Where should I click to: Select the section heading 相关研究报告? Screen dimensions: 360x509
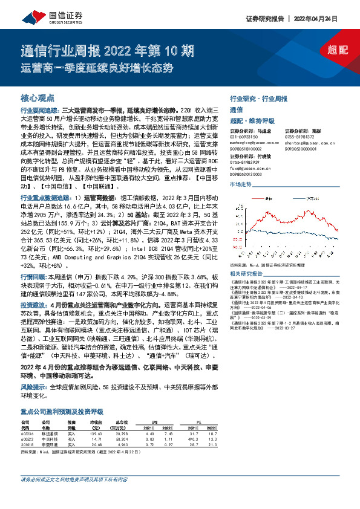tap(246, 273)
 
